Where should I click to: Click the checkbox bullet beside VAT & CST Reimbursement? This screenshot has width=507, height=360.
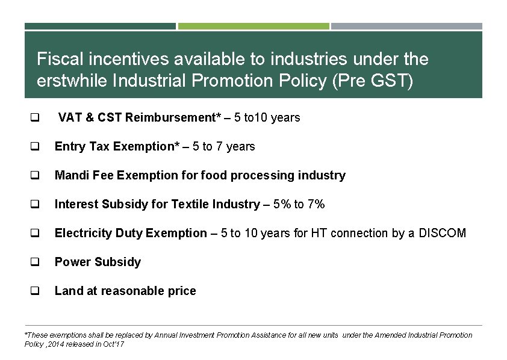point(35,118)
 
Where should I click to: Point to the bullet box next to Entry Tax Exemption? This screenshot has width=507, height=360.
point(35,147)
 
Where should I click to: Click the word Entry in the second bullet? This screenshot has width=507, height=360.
point(69,146)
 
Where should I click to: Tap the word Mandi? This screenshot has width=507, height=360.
point(70,175)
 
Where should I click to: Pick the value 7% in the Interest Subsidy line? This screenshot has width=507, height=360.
point(316,204)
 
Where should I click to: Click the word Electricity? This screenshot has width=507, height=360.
point(82,233)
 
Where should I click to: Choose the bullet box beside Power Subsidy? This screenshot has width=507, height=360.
point(35,262)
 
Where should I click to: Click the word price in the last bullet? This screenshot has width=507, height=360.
point(182,291)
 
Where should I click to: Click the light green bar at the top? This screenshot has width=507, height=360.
point(253,26)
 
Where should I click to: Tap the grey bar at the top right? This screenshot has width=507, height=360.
point(406,26)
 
